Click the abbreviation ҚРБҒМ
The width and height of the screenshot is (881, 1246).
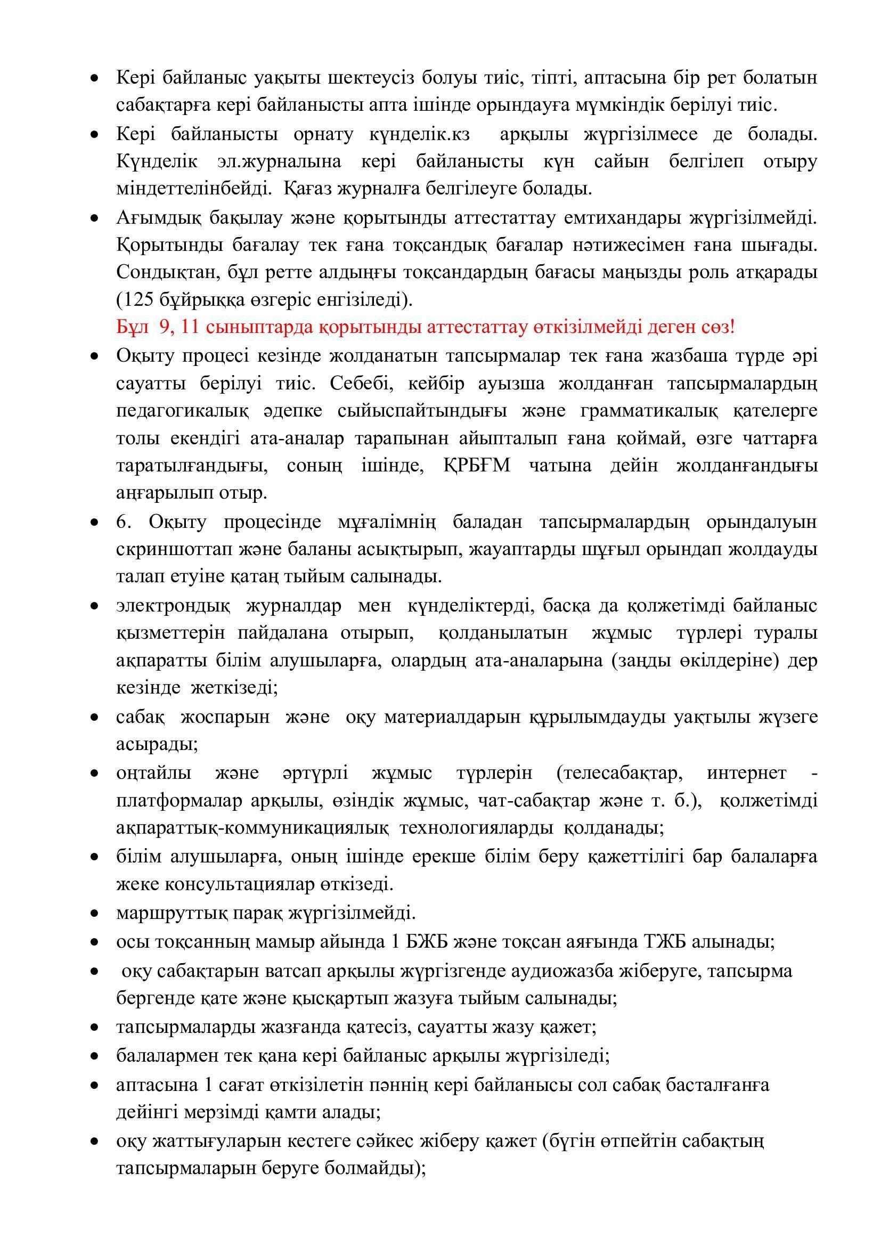click(477, 466)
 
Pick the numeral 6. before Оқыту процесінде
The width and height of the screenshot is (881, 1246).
click(124, 522)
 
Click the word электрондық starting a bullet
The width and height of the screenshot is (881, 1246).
click(173, 606)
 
